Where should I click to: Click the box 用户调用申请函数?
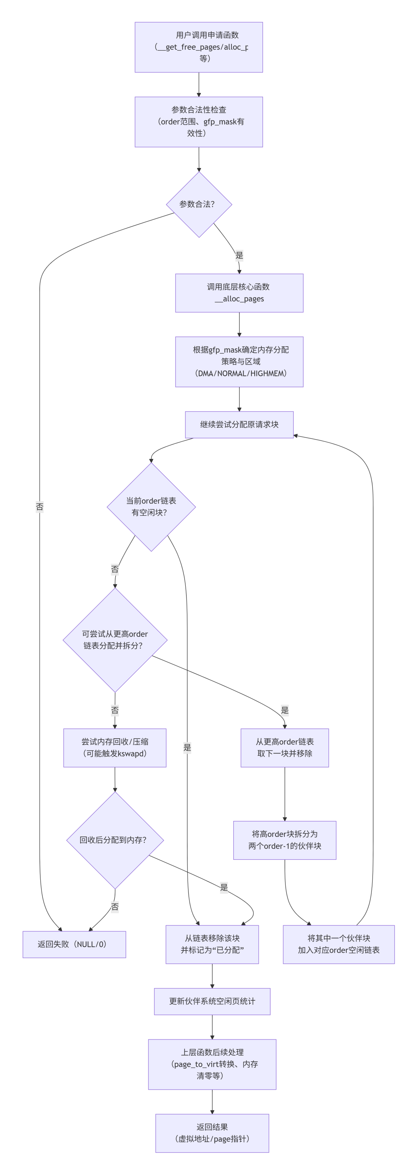click(x=199, y=47)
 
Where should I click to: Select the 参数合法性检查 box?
click(x=199, y=122)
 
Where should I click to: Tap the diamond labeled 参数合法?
click(x=199, y=205)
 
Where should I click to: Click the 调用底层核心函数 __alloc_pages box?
click(x=239, y=293)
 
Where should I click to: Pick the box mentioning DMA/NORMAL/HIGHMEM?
click(x=239, y=362)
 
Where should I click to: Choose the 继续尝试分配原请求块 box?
click(x=239, y=425)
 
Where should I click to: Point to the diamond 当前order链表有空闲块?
click(x=151, y=507)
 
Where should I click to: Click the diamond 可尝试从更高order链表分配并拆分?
click(x=115, y=640)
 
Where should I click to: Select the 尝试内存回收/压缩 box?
click(x=115, y=748)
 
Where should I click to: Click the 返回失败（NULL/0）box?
click(x=74, y=944)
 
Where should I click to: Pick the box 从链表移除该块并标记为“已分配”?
click(x=212, y=944)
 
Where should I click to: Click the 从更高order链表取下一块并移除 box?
click(x=285, y=748)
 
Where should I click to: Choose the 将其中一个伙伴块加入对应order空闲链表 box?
click(x=339, y=944)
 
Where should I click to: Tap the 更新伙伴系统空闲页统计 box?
click(x=212, y=1001)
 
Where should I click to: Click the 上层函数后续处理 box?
click(x=212, y=1064)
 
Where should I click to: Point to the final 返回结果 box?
click(x=212, y=1133)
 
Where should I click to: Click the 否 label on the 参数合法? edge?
click(x=40, y=507)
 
